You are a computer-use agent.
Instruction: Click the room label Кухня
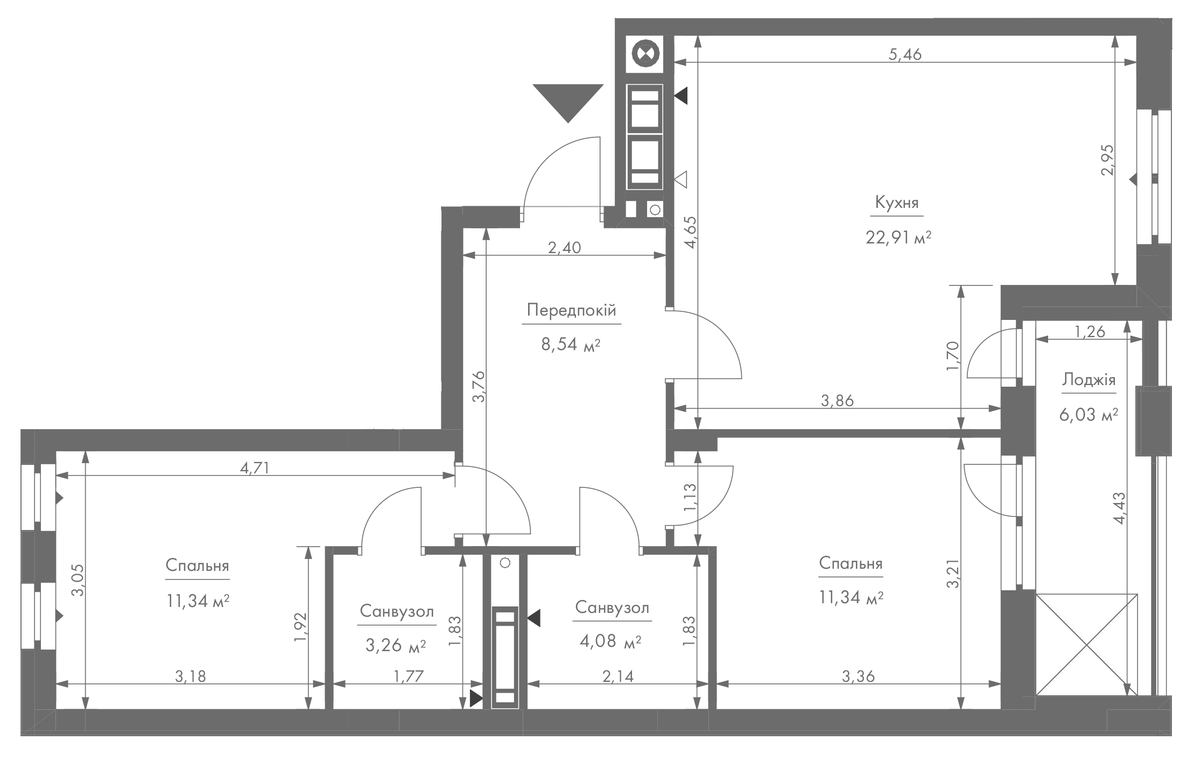tap(897, 203)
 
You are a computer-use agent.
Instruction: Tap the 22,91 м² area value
tap(898, 236)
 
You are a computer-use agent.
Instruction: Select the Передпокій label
tap(571, 310)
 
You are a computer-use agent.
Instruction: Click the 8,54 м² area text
tap(571, 344)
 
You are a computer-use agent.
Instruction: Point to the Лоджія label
tap(1088, 380)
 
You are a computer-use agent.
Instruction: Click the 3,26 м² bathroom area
tap(396, 645)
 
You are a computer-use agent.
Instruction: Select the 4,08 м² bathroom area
tap(610, 641)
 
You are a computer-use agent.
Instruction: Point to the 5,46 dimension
tap(905, 54)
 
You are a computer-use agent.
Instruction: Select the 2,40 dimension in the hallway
tap(564, 247)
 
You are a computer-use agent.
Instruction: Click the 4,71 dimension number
tap(255, 467)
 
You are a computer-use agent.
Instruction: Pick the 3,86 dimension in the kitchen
tap(838, 400)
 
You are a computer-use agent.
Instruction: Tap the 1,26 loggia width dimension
tap(1090, 332)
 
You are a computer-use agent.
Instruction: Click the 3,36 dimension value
tap(858, 676)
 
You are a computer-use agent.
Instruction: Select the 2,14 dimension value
tap(618, 676)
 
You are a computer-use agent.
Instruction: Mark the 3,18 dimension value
tap(191, 676)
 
